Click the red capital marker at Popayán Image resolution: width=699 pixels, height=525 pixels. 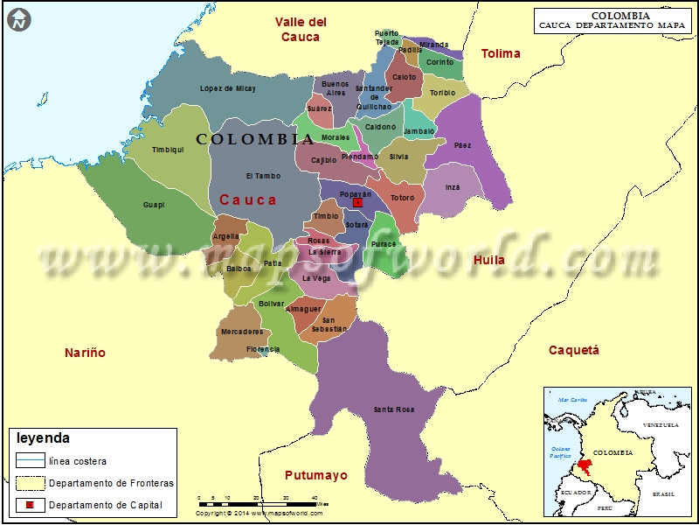(x=357, y=203)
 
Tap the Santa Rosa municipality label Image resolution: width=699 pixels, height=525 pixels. (x=393, y=409)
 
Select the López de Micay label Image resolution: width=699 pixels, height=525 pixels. (x=227, y=88)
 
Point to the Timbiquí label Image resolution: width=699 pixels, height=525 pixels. (x=168, y=150)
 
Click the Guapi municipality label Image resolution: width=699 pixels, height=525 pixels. (x=154, y=205)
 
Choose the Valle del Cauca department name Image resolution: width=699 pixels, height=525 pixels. (x=300, y=29)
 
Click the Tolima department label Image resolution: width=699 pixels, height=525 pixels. (x=501, y=53)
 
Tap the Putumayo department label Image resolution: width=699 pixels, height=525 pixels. (x=315, y=475)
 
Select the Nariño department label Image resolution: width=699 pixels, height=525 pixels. (x=85, y=353)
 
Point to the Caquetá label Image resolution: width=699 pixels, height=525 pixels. (x=573, y=350)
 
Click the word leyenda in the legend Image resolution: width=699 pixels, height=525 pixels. (x=43, y=438)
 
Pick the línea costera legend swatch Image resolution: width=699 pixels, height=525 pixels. (x=30, y=460)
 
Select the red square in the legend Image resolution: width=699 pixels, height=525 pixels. (x=30, y=506)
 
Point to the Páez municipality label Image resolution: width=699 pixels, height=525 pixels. (x=462, y=145)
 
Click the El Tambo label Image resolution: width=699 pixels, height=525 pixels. (x=263, y=176)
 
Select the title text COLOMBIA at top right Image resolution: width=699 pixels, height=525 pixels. (x=619, y=15)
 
